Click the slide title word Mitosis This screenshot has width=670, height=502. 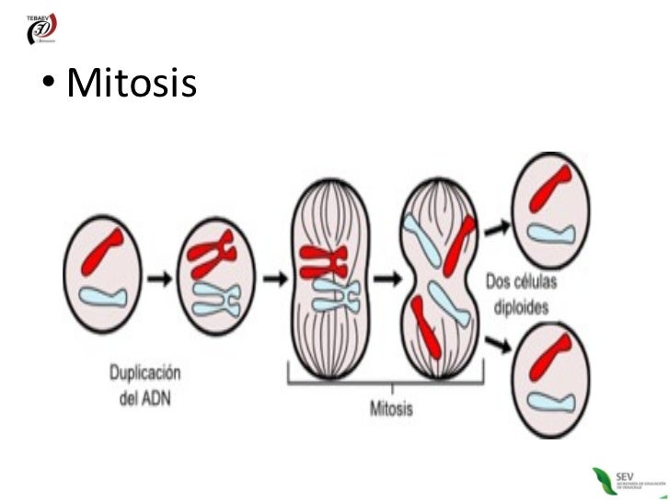pos(133,85)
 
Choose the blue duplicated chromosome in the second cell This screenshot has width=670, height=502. pos(216,297)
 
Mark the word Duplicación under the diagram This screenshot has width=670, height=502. pos(145,373)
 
